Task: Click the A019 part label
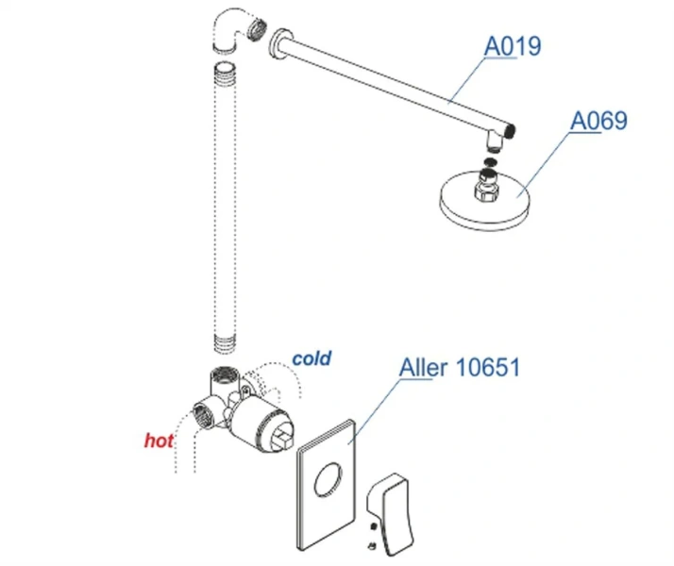513,46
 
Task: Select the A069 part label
598,121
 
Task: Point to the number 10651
487,367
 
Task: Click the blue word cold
312,358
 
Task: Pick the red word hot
159,441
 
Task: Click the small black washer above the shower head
489,162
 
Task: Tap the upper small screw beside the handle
373,526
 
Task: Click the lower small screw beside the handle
372,546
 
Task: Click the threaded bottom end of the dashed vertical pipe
225,345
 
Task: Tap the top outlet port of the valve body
222,373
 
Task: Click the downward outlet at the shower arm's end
495,141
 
